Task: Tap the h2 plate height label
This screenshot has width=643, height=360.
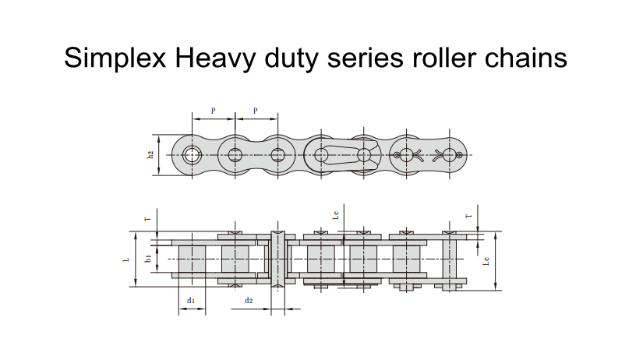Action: coord(150,154)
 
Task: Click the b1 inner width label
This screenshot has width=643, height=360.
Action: coord(148,258)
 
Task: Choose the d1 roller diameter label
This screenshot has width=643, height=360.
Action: coord(191,300)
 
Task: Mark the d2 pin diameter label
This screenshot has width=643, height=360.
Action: coord(249,300)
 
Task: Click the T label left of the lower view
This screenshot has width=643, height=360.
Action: coord(148,219)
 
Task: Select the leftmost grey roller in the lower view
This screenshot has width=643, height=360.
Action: coord(192,258)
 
